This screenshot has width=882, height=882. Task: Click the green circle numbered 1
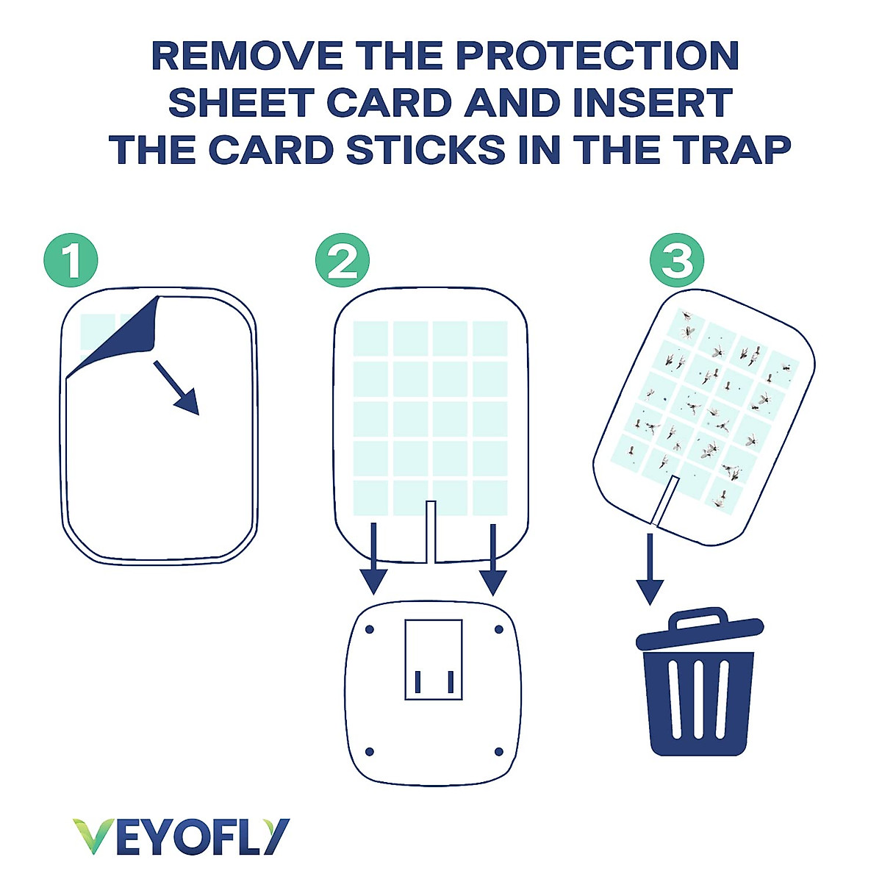[71, 259]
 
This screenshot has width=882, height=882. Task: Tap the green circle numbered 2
[343, 259]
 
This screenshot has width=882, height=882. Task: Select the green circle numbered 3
[677, 259]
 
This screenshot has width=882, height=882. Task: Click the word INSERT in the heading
[652, 103]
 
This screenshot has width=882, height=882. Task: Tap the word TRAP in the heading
[733, 150]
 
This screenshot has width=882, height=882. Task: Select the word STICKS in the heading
[426, 150]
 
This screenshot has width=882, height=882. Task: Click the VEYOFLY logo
[181, 836]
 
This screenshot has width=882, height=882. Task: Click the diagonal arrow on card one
[177, 388]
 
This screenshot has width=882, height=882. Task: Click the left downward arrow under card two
[374, 559]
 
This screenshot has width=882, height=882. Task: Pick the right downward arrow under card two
[493, 559]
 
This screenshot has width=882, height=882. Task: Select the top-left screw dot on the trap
[370, 630]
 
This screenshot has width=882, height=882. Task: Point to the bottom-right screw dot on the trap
[499, 751]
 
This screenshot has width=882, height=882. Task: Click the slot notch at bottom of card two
[431, 531]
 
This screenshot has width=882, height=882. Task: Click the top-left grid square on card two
[371, 339]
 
